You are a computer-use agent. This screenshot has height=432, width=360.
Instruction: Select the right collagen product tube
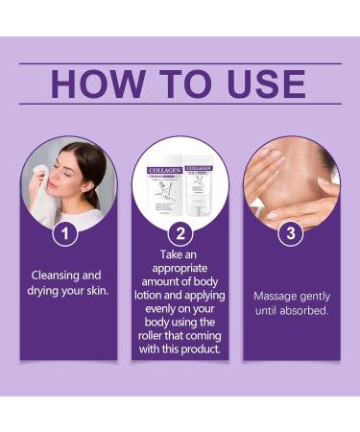(x=200, y=187)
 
